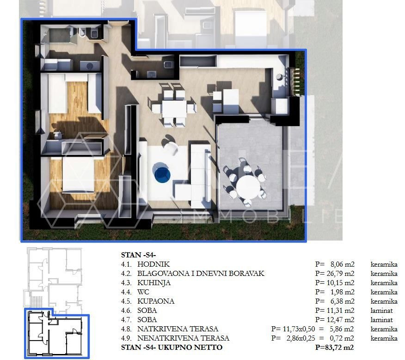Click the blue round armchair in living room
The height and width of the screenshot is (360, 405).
[x=162, y=175]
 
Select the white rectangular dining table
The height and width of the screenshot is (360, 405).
[x=174, y=109]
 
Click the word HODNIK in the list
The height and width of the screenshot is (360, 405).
[x=153, y=264]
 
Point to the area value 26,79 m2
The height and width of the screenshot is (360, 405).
[x=342, y=274]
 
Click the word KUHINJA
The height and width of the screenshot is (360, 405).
[x=154, y=283]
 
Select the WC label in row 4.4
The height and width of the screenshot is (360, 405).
[x=143, y=292]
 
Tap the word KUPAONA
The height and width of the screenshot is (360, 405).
[x=156, y=301]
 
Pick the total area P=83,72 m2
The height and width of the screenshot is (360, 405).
[x=334, y=348]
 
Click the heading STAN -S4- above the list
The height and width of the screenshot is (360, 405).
[x=138, y=255]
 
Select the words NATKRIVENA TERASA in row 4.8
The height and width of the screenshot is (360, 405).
[x=178, y=329]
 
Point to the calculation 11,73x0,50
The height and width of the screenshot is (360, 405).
[x=299, y=329]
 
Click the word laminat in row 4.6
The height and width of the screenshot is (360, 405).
[x=381, y=311]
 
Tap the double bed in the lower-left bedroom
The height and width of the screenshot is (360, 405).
[x=78, y=174]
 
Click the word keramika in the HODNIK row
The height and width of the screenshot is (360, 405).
[x=384, y=264]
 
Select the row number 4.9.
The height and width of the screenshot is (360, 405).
[x=126, y=338]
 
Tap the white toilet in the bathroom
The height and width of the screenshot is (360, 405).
[x=82, y=33]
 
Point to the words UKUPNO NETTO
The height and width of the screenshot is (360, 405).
[x=190, y=348]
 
